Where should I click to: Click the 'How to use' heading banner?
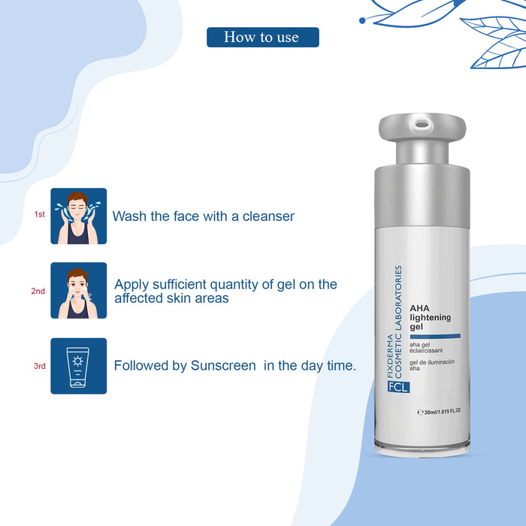coord(262,38)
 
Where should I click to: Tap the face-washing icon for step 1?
coord(78,216)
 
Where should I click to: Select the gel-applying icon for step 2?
coord(78,290)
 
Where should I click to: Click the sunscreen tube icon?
coord(78,366)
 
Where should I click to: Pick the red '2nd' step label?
coord(38,291)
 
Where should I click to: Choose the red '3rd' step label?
coord(39,367)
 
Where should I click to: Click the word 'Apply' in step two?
coord(132,285)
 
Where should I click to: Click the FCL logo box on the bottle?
coord(392,388)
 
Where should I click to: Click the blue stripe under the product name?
coord(440,335)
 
